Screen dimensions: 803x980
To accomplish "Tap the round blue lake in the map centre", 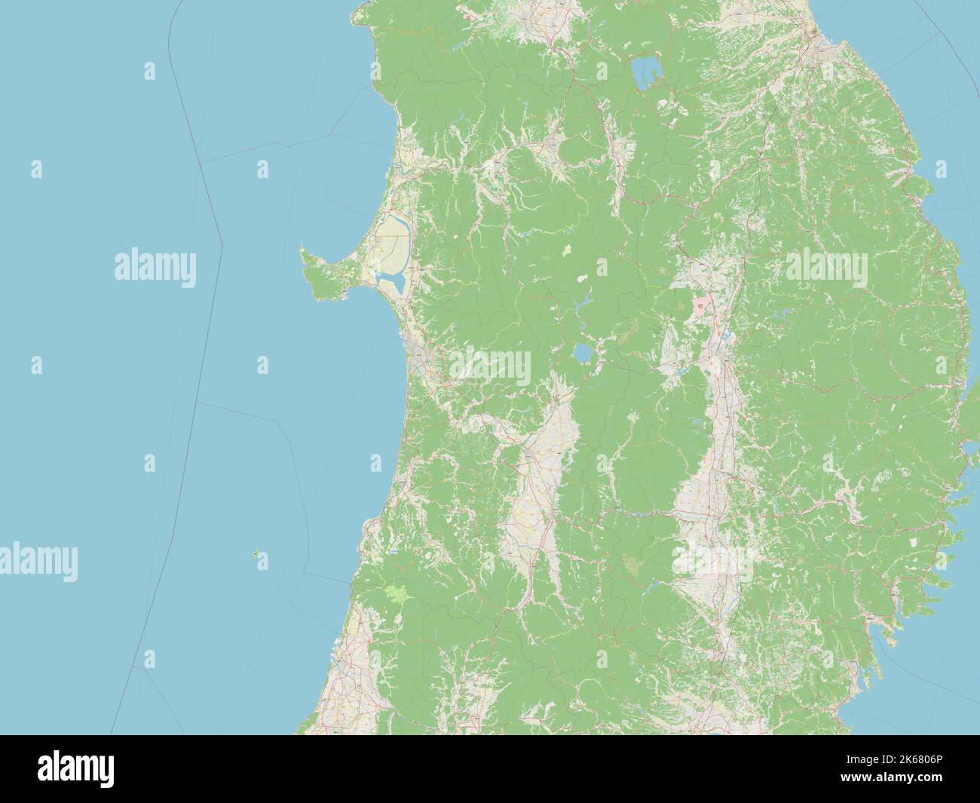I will [x=582, y=353].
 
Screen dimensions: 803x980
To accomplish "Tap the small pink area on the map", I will [x=701, y=305].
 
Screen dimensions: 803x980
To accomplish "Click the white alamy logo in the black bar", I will [x=76, y=770].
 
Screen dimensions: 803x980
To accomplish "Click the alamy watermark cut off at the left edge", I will [x=38, y=561].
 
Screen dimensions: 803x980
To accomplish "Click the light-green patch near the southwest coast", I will [x=394, y=593].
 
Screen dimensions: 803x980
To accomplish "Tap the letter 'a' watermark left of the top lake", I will [x=602, y=72].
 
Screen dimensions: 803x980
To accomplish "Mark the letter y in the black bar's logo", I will [x=107, y=773].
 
